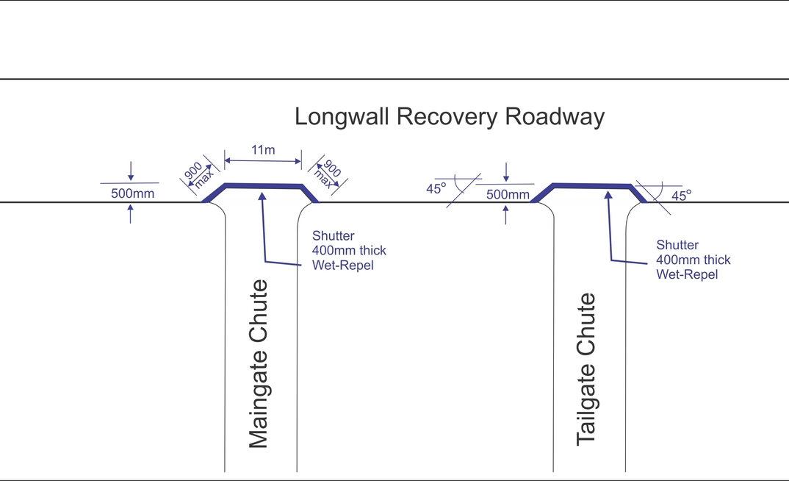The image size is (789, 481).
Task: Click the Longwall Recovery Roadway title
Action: click(x=449, y=117)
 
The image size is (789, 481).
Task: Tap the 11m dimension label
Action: click(x=263, y=150)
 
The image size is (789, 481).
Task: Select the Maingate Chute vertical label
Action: click(x=259, y=364)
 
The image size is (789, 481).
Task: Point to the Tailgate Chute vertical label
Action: click(x=586, y=369)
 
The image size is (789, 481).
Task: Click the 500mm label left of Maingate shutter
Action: click(x=132, y=194)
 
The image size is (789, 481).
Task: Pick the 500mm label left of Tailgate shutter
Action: click(x=508, y=195)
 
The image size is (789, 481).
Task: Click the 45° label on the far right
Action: click(x=681, y=196)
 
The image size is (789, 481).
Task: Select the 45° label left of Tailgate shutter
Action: click(x=436, y=188)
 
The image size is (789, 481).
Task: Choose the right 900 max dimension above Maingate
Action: click(x=328, y=174)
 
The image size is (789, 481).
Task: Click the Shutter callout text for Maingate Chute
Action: click(x=348, y=250)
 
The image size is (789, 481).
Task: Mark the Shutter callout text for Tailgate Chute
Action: click(x=693, y=260)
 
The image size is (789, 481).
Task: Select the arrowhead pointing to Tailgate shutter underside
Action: click(x=608, y=196)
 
